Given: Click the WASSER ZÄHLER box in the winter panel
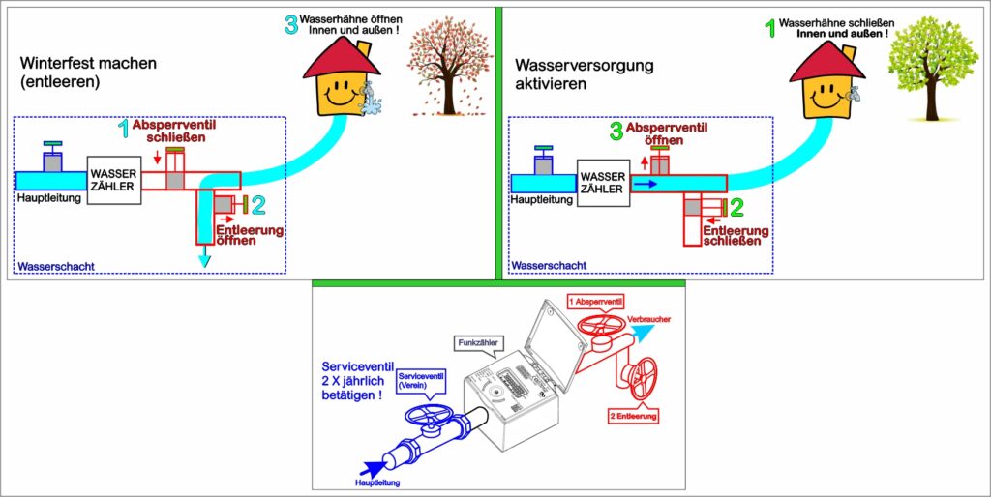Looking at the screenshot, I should (x=114, y=180).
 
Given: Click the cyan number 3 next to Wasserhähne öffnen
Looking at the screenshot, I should (x=290, y=26).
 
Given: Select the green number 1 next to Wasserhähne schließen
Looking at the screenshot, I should (x=770, y=29).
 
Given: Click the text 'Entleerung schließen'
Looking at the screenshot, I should (x=736, y=236).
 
